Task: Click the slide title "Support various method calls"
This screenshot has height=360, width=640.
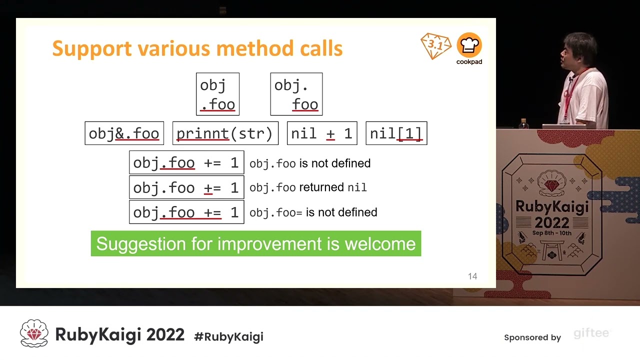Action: pos(197,48)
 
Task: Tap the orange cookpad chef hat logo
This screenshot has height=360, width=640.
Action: pos(469,45)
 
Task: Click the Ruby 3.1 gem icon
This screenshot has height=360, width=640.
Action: pos(435,45)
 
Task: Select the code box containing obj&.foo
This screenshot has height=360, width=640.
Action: pos(124,133)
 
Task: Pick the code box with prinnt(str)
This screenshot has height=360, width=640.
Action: pos(225,133)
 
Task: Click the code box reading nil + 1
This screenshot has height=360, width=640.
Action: pos(322,133)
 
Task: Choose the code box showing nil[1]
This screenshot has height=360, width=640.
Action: pos(396,133)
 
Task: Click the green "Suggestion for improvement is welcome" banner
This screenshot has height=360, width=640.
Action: pos(256,243)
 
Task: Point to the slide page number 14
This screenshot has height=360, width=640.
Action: pos(472,276)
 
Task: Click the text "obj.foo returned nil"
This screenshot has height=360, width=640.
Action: pos(308,187)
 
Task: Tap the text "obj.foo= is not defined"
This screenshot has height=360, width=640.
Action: pos(313,212)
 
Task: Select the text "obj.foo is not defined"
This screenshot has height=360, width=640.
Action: pos(310,163)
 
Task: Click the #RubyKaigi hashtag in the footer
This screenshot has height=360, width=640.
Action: pos(228,336)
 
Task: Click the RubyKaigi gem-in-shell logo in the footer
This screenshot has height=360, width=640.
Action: pos(34,333)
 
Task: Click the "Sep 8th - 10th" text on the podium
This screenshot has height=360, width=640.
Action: pos(552,233)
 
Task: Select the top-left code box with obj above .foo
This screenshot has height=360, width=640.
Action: pos(217,94)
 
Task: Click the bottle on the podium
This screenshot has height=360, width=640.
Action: pos(523,123)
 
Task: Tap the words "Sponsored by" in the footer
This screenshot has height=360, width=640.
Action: pos(532,337)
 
